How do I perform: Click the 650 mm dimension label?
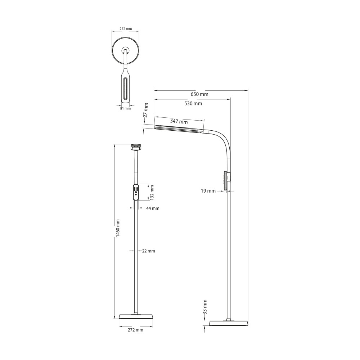click(199, 94)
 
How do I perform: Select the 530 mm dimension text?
click(193, 103)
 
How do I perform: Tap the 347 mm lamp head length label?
click(179, 121)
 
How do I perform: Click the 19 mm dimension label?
click(208, 191)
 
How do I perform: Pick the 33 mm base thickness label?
click(205, 307)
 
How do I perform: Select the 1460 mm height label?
click(118, 228)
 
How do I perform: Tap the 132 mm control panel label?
click(152, 192)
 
